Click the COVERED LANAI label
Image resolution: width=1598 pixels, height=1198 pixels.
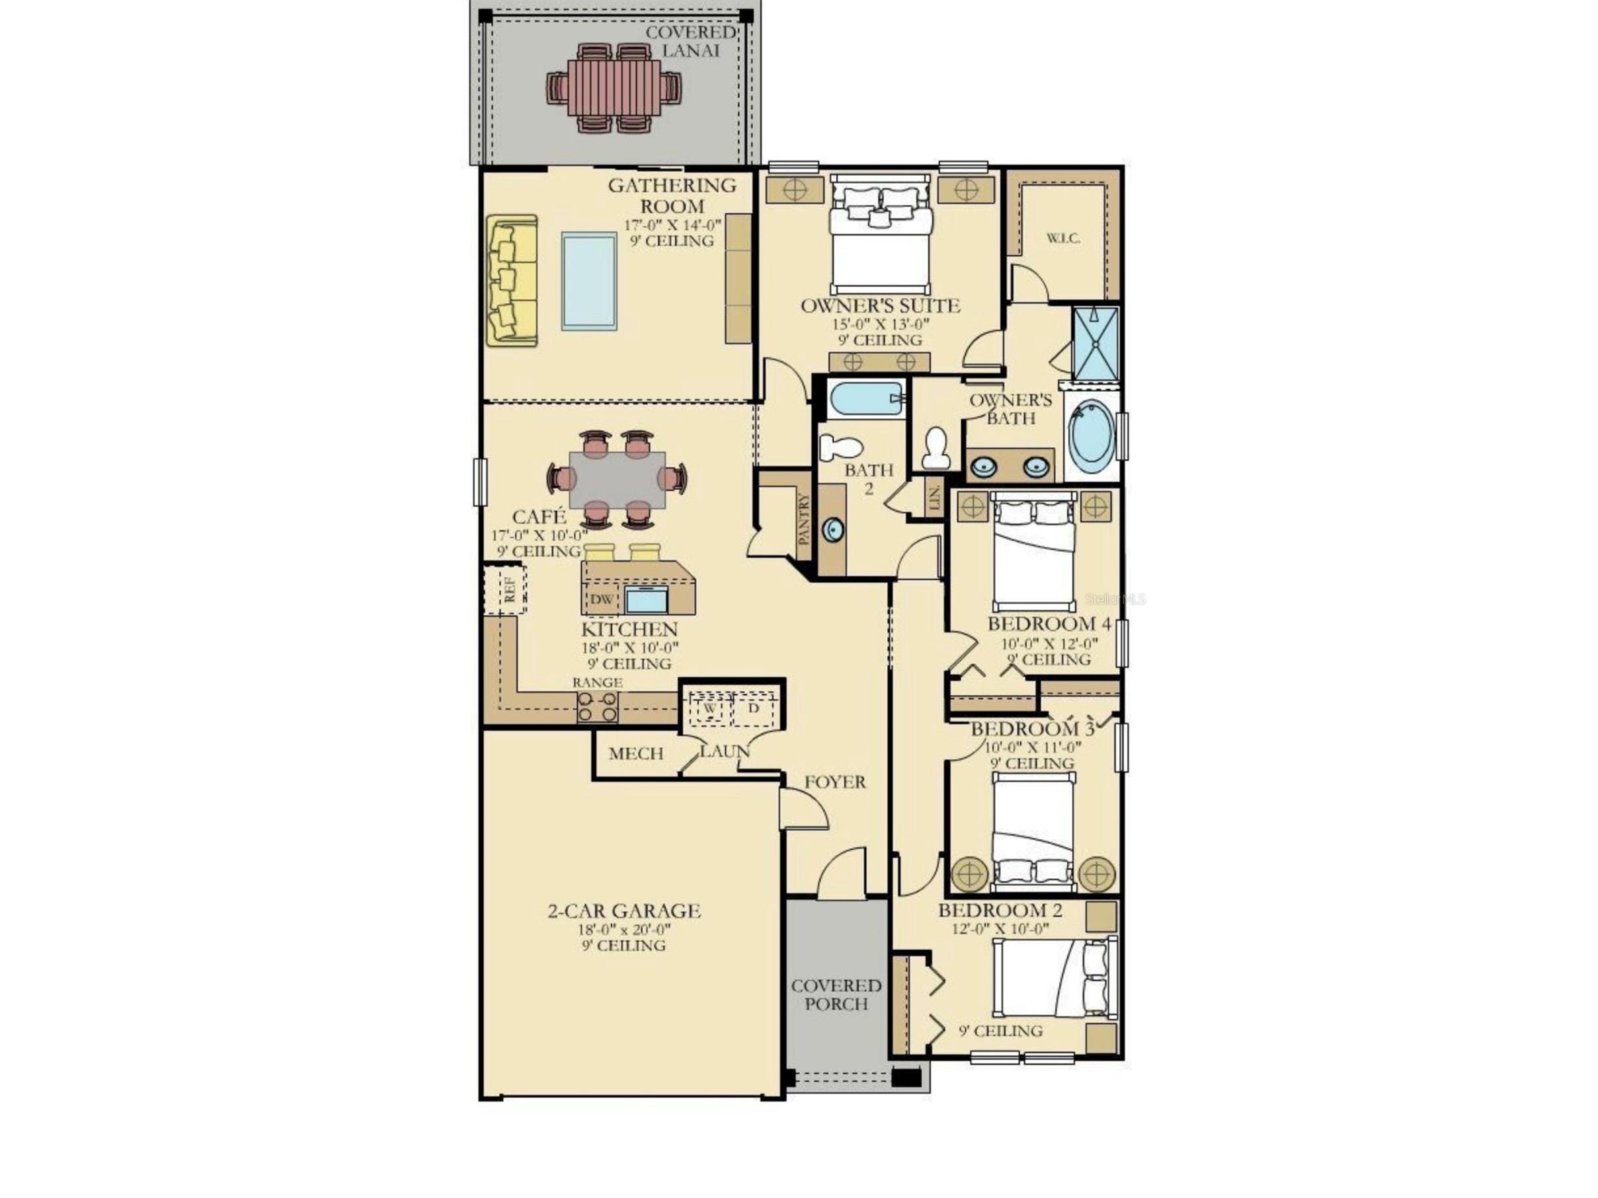pos(691,41)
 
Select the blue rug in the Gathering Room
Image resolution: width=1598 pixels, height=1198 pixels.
pos(589,281)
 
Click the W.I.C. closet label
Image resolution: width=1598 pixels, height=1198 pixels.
pos(1063,239)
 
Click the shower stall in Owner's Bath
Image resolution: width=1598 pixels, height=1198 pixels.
pos(1095,343)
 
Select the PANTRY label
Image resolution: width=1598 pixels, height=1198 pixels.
pos(805,519)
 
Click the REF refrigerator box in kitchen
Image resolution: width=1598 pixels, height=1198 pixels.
pos(510,589)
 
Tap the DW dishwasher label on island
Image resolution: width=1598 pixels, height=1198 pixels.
pos(601,599)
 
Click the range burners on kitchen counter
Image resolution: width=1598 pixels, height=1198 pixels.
pos(598,707)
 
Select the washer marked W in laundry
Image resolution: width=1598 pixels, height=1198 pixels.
pos(709,708)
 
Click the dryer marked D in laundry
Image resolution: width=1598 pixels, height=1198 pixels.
pos(754,708)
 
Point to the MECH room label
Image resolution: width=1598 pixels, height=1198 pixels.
pos(636,754)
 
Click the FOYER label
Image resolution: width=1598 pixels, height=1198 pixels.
pos(835,782)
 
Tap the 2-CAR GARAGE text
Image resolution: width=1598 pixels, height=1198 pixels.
pos(624,911)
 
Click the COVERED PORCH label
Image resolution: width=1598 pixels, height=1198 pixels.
pos(836,994)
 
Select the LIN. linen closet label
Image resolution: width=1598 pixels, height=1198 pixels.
pos(934,498)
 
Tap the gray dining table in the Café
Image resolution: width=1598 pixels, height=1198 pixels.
pos(617,480)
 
